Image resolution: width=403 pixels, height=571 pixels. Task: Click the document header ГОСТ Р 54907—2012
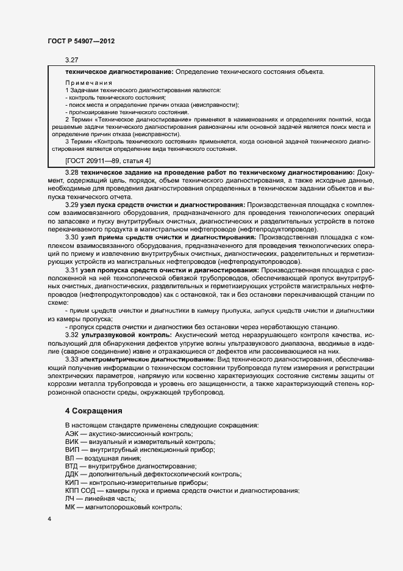(x=80, y=40)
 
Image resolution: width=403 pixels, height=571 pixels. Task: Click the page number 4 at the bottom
(x=49, y=519)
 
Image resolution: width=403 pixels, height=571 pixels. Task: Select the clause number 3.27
(x=72, y=60)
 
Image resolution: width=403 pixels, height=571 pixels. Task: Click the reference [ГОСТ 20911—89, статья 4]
(x=108, y=161)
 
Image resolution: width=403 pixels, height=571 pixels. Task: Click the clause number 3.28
(x=72, y=172)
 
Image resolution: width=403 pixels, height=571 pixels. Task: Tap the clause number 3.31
(x=72, y=269)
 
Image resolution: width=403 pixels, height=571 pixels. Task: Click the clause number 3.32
(x=72, y=335)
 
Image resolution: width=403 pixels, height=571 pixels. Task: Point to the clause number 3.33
(x=72, y=359)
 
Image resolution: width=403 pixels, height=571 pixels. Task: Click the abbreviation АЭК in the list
(x=73, y=433)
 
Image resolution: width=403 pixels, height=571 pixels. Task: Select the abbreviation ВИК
(x=72, y=442)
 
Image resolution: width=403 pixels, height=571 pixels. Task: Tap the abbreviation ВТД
(x=72, y=466)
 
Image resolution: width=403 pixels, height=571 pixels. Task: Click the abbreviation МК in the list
(x=70, y=507)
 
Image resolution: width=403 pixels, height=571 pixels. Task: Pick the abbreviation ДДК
(x=72, y=475)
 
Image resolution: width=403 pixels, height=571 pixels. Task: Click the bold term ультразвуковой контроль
(x=126, y=335)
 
